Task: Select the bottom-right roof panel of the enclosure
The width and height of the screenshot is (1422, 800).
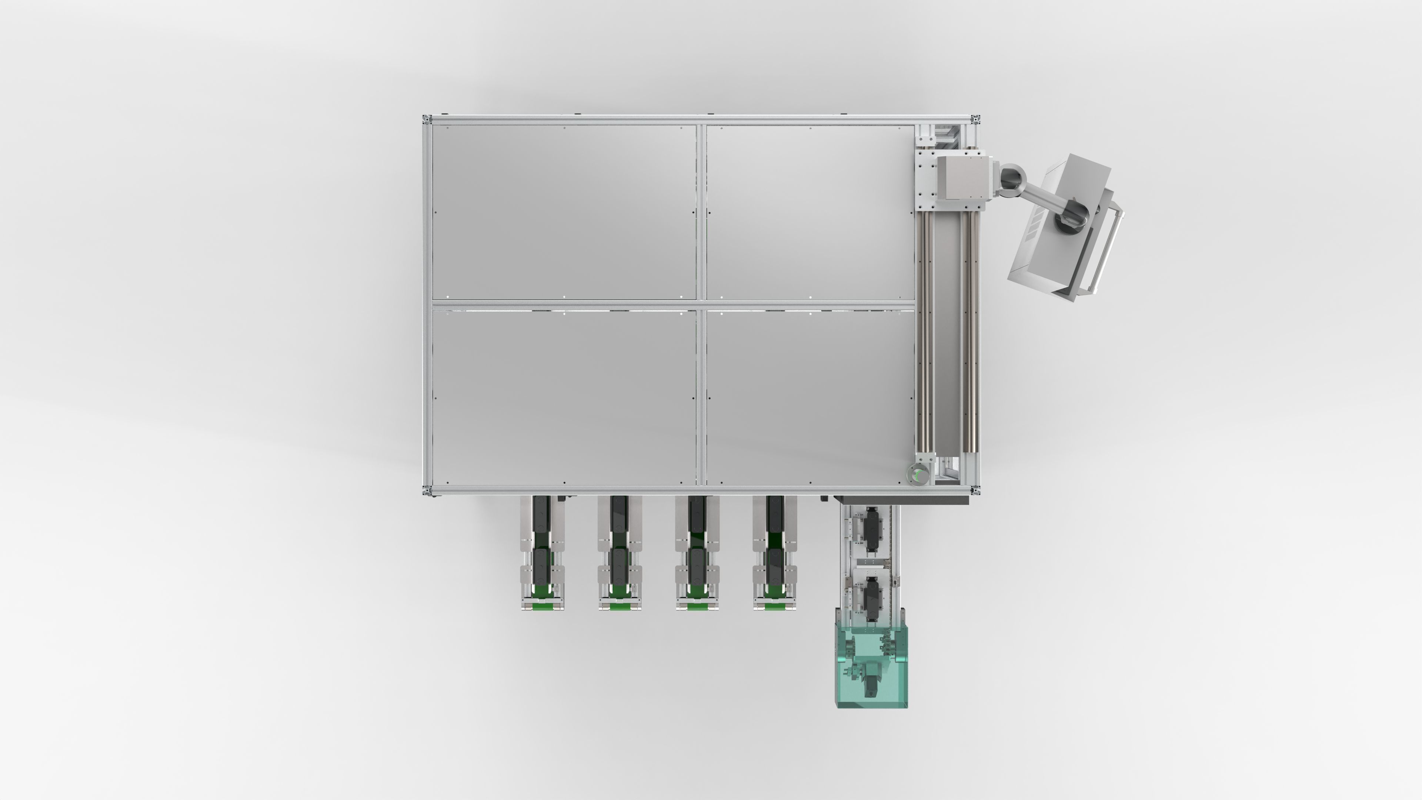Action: tap(809, 397)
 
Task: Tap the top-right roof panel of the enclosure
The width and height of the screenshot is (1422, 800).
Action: tap(809, 212)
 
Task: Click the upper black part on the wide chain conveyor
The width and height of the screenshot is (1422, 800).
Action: tap(872, 529)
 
